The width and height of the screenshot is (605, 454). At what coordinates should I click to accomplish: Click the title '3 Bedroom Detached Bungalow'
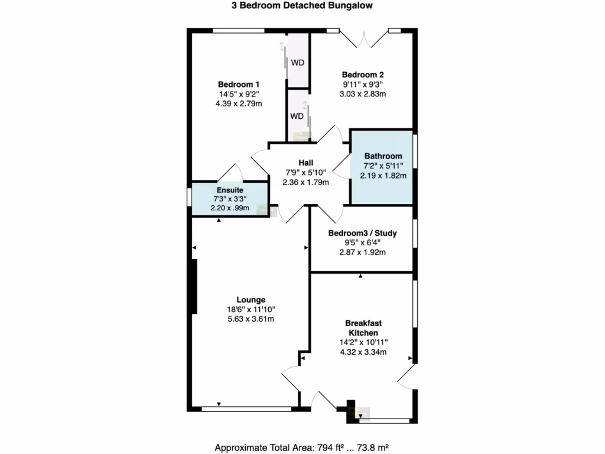coord(302,6)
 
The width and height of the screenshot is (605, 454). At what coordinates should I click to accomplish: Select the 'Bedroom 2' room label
coord(363,75)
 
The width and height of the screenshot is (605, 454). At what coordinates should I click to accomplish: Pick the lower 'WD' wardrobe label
coord(296,116)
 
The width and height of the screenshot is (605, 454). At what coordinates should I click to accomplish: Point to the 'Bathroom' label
coord(383,156)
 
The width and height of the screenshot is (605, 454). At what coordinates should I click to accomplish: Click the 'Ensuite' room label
coord(230,190)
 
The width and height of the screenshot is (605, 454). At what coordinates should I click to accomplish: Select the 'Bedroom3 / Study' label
coord(362,234)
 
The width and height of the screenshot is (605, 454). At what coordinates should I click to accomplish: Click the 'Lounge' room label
coord(251,300)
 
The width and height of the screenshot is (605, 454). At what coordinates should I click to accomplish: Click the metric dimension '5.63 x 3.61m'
coord(251,319)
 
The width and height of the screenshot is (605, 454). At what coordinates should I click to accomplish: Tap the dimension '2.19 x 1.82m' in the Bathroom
coord(383,176)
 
